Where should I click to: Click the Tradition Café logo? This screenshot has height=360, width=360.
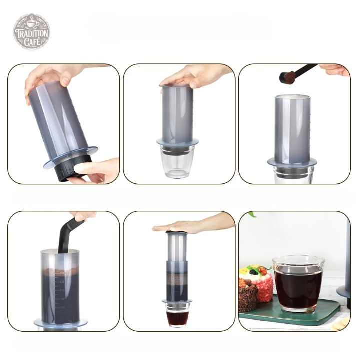32,31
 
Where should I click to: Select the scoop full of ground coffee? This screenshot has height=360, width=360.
287,76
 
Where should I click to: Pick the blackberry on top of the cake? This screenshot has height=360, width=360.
253,272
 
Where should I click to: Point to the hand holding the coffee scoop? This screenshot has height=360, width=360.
334,69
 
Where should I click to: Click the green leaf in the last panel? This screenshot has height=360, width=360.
252,214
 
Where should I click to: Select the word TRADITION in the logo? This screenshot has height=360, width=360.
32,34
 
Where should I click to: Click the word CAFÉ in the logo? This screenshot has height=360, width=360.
32,42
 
